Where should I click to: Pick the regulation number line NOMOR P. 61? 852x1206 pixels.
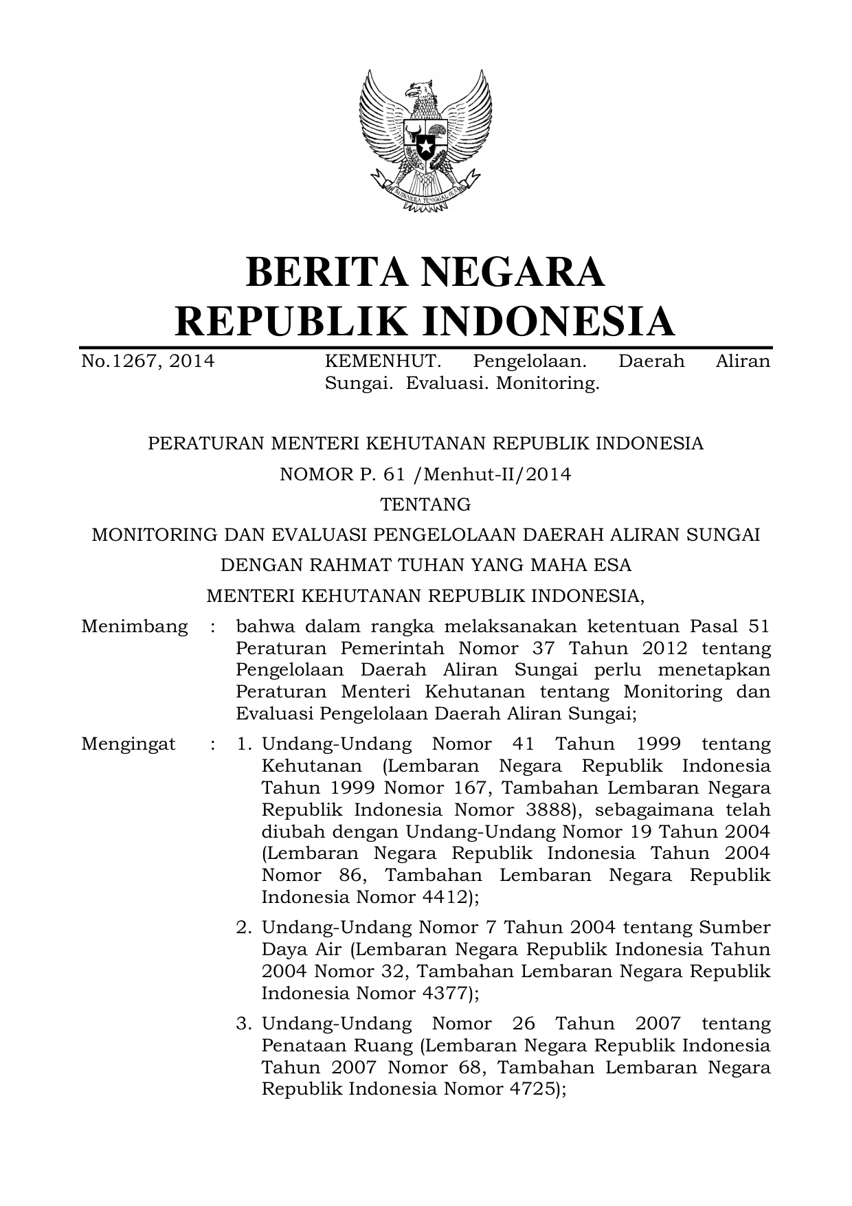click(x=425, y=474)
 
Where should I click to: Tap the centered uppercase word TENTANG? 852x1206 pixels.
click(x=425, y=504)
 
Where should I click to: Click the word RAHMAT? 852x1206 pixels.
click(x=351, y=565)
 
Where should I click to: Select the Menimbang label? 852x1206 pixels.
click(x=134, y=626)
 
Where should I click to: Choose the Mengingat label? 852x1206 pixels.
click(x=128, y=744)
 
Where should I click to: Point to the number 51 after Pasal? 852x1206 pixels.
click(x=757, y=626)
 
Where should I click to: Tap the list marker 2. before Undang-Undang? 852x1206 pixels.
click(x=243, y=927)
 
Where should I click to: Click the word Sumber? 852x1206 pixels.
click(x=735, y=927)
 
